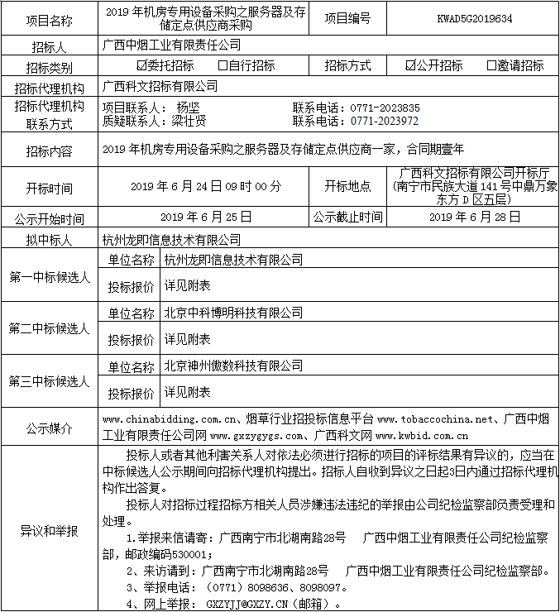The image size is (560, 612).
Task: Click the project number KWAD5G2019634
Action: pos(474,17)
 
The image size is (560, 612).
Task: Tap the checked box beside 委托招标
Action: pos(141,65)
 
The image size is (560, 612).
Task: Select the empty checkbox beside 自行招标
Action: pos(223,65)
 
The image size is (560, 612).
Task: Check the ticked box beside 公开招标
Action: pos(411,65)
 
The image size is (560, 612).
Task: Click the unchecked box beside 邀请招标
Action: pos(492,65)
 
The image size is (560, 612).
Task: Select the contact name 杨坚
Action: pos(188,108)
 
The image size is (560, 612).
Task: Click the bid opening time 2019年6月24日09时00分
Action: pos(206,187)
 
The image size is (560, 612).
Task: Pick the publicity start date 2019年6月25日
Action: pos(205,218)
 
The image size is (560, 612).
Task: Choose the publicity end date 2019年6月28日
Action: pos(475,218)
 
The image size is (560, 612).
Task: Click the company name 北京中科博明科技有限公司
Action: pos(233,313)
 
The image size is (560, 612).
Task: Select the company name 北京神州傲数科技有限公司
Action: pos(233,366)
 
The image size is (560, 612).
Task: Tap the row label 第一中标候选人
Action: pos(50,277)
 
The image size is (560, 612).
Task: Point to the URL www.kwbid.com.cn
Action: pos(421,434)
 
